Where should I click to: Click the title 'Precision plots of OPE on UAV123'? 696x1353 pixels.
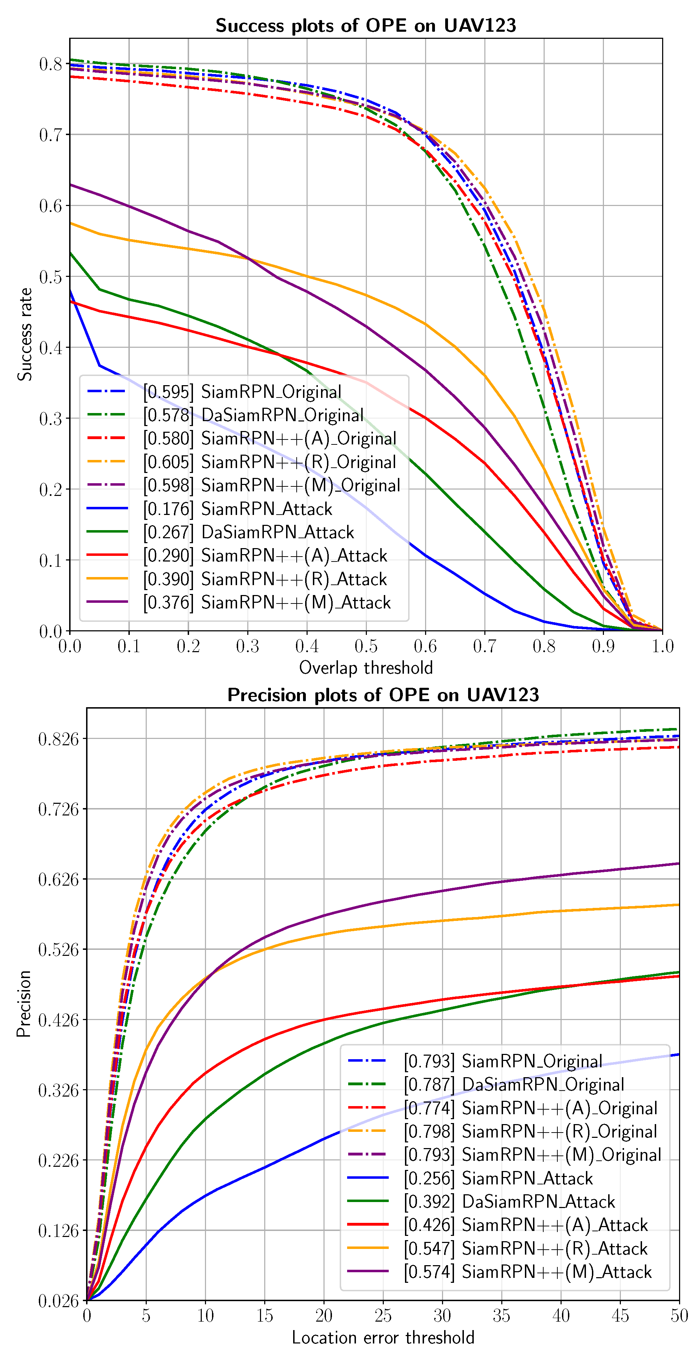(x=383, y=695)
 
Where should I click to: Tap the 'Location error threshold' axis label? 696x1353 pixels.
(x=383, y=1337)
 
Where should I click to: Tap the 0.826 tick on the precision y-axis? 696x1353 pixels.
(x=58, y=739)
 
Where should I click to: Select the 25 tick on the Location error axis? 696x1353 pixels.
(x=383, y=1315)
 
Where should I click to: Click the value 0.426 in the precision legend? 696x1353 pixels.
(x=429, y=1225)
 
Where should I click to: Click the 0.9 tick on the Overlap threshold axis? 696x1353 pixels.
(x=603, y=646)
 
